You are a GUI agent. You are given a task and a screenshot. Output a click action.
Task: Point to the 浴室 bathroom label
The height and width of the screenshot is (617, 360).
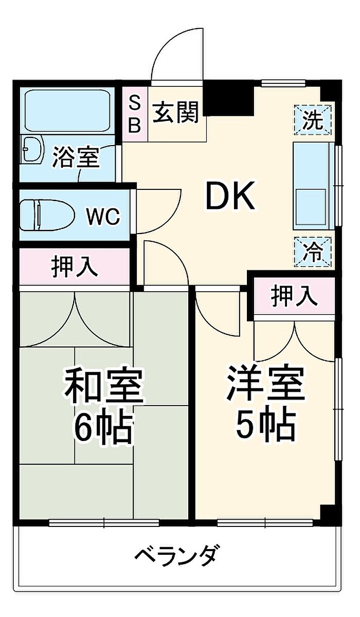(76, 158)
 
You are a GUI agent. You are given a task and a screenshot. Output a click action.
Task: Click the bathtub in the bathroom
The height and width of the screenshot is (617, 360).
(67, 111)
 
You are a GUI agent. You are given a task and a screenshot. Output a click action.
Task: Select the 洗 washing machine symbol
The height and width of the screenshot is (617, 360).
(313, 120)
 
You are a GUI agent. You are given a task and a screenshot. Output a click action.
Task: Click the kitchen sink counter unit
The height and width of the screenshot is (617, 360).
(313, 186)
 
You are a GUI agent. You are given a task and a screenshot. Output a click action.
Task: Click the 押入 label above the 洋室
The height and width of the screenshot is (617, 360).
(294, 296)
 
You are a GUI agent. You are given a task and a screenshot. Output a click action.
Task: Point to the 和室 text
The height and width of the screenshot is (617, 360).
(103, 387)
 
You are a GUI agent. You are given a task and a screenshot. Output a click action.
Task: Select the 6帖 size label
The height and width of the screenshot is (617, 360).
(103, 428)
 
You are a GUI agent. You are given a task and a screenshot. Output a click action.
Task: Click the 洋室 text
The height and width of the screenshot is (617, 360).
(266, 384)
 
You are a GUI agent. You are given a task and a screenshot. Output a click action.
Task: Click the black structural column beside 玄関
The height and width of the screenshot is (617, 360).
(228, 99)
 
